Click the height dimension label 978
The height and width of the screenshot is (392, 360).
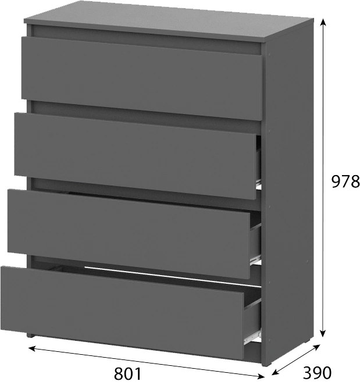(x=345, y=181)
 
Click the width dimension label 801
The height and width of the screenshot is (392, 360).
(x=127, y=374)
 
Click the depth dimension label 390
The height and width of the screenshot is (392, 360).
(x=317, y=373)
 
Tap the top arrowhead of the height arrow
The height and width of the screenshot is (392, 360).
(x=323, y=22)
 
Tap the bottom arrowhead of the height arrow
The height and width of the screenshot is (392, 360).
(x=323, y=333)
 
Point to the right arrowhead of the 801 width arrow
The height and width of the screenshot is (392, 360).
(x=261, y=376)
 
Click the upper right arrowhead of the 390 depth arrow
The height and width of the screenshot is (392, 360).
(x=317, y=347)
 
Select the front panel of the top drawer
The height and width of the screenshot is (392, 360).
(x=141, y=79)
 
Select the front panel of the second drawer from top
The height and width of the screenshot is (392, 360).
(x=135, y=156)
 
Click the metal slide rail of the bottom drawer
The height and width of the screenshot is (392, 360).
(x=252, y=337)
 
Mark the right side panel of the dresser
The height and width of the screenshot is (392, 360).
(x=287, y=193)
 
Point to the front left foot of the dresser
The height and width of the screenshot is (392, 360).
(x=30, y=335)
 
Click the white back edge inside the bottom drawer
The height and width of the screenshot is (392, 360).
(x=173, y=276)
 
